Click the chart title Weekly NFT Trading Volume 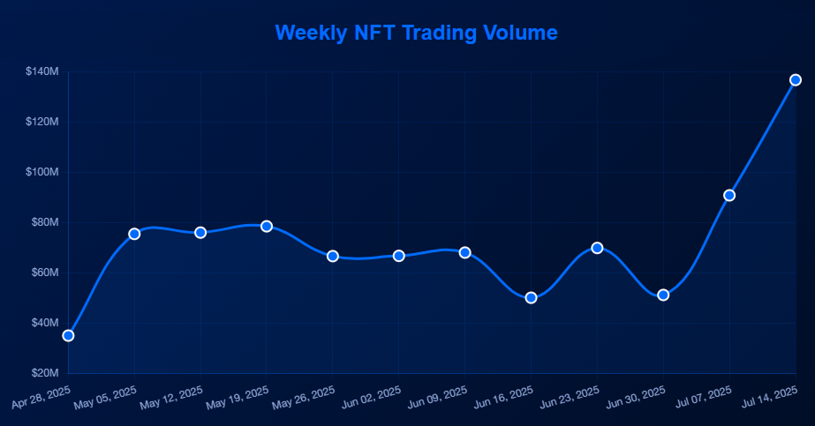(416, 33)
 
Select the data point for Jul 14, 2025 (796, 80)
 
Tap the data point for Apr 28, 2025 (68, 335)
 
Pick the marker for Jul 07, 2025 (729, 195)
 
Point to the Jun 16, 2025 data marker (531, 297)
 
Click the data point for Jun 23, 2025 (597, 248)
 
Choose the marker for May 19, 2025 (267, 226)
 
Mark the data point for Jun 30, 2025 (663, 295)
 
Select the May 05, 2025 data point (134, 234)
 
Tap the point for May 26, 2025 (333, 256)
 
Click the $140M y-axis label (42, 71)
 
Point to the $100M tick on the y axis (42, 172)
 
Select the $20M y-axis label (44, 373)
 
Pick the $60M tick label (44, 273)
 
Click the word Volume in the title (520, 33)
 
